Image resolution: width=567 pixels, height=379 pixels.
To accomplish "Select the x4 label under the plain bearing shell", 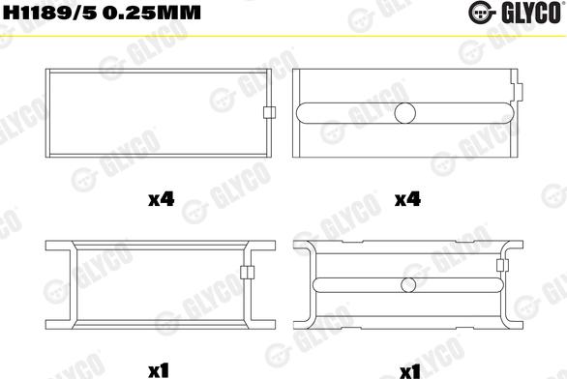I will (x=160, y=200).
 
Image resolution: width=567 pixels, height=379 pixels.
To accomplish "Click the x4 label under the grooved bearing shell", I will (x=407, y=200).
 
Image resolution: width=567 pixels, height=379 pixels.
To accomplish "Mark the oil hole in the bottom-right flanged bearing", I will (x=407, y=285).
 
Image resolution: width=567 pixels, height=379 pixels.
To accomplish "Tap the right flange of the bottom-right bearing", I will (x=516, y=286).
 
